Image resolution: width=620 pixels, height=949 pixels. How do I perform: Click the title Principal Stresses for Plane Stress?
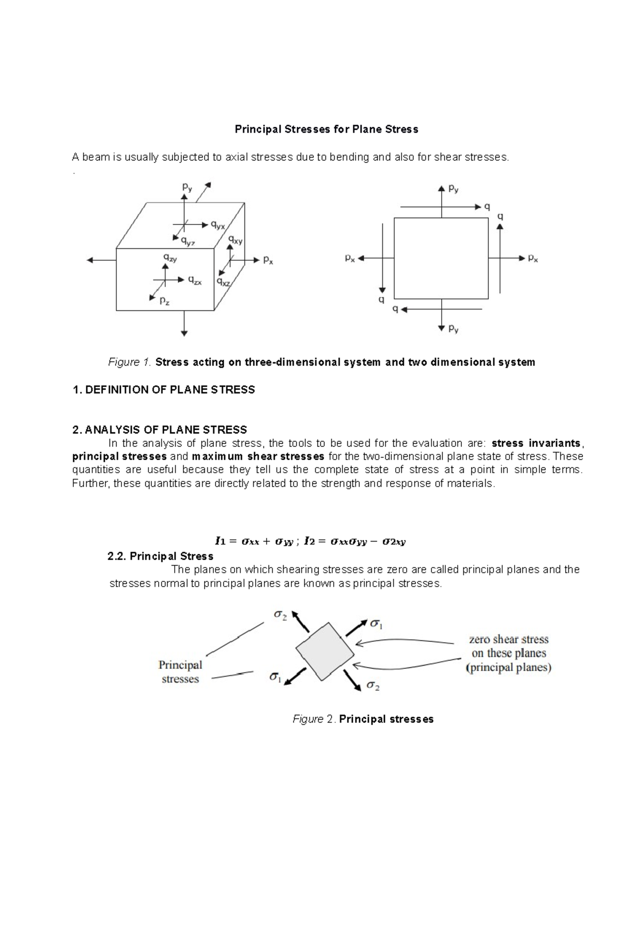click(327, 129)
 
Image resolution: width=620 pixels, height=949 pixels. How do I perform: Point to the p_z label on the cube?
click(164, 300)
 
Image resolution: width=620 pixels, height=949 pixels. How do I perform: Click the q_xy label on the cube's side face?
click(236, 240)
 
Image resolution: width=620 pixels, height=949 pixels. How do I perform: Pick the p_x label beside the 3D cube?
click(268, 261)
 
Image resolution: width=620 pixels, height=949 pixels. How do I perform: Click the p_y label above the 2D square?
click(453, 189)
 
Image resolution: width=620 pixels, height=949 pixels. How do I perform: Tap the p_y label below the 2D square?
click(453, 328)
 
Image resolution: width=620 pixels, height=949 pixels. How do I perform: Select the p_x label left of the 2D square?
click(350, 258)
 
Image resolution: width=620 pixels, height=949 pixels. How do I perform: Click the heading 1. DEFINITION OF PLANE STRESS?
click(164, 390)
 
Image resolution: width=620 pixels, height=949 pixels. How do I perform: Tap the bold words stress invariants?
click(536, 443)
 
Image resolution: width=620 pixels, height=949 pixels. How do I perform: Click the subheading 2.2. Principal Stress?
click(160, 556)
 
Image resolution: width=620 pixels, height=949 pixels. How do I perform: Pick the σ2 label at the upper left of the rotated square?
click(280, 615)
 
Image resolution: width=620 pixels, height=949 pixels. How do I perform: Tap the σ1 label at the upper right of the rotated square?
click(376, 624)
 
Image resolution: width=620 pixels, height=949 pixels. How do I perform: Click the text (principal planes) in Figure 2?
click(509, 668)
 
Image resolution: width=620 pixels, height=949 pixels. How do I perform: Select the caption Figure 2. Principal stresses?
click(363, 719)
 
